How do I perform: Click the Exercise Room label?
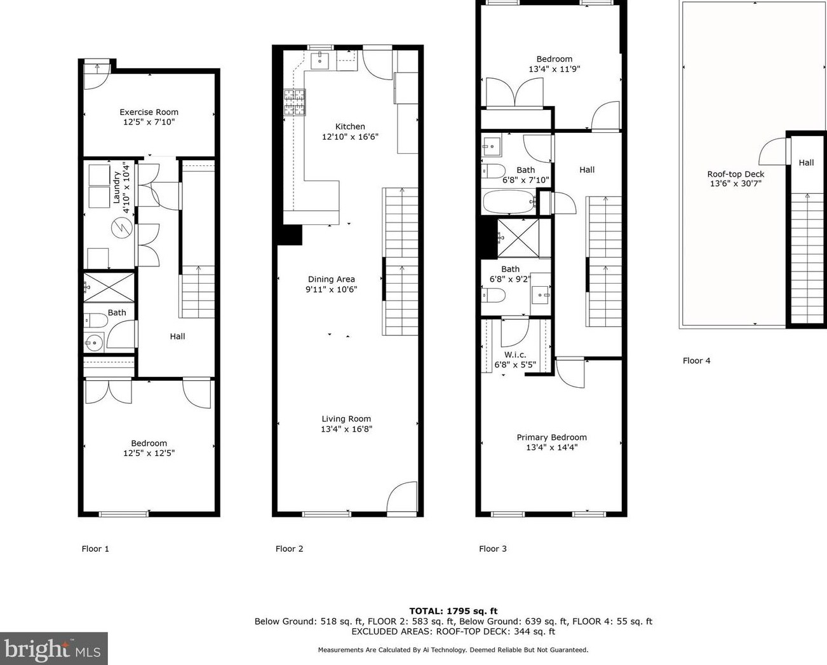[x=149, y=112]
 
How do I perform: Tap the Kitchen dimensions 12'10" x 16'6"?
[x=350, y=137]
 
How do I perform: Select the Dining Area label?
[x=332, y=279]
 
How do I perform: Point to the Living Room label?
[x=346, y=419]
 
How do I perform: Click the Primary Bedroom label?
[x=551, y=437]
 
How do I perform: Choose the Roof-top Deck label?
[x=736, y=174]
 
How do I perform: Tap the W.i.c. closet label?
[x=515, y=355]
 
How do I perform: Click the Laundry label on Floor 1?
[x=116, y=188]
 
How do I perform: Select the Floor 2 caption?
[x=290, y=549]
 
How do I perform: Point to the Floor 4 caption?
[x=696, y=360]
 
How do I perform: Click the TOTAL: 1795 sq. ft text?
[x=454, y=611]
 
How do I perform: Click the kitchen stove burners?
[x=295, y=102]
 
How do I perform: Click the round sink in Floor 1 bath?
[x=94, y=342]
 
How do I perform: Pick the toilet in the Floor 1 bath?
[x=95, y=320]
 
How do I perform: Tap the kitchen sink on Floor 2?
[x=319, y=60]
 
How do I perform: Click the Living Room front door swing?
[x=401, y=497]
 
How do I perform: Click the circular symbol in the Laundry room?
[x=122, y=228]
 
